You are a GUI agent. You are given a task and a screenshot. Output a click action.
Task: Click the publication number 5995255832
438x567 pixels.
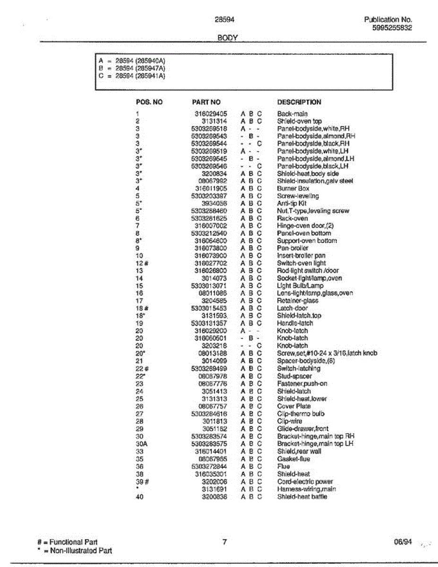click(392, 27)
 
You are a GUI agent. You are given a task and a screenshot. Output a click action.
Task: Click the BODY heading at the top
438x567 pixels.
click(227, 37)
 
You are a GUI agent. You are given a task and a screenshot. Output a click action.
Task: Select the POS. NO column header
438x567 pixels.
click(149, 102)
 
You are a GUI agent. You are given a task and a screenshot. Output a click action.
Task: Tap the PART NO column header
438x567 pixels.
click(206, 102)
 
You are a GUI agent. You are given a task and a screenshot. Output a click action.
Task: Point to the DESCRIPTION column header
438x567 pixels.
click(299, 102)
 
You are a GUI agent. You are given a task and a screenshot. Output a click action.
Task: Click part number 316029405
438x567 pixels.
click(211, 113)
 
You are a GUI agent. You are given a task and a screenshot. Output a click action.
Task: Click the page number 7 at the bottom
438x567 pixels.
click(225, 542)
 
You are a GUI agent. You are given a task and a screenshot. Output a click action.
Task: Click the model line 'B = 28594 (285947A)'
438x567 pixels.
click(132, 68)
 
